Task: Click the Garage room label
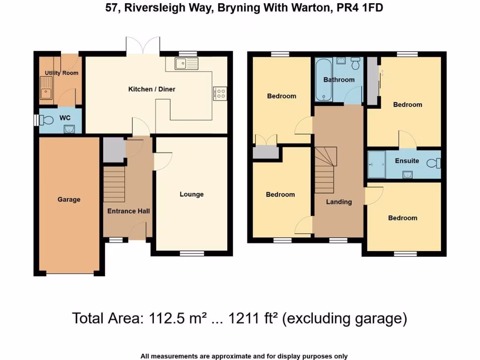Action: [69, 200]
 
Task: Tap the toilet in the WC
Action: [47, 120]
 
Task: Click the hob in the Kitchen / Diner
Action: [220, 93]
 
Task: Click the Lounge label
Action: [192, 194]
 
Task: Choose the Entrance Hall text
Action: [128, 211]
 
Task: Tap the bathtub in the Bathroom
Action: [323, 80]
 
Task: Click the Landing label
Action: [339, 202]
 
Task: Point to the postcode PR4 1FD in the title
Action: [360, 8]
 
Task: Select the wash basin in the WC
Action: [69, 129]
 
